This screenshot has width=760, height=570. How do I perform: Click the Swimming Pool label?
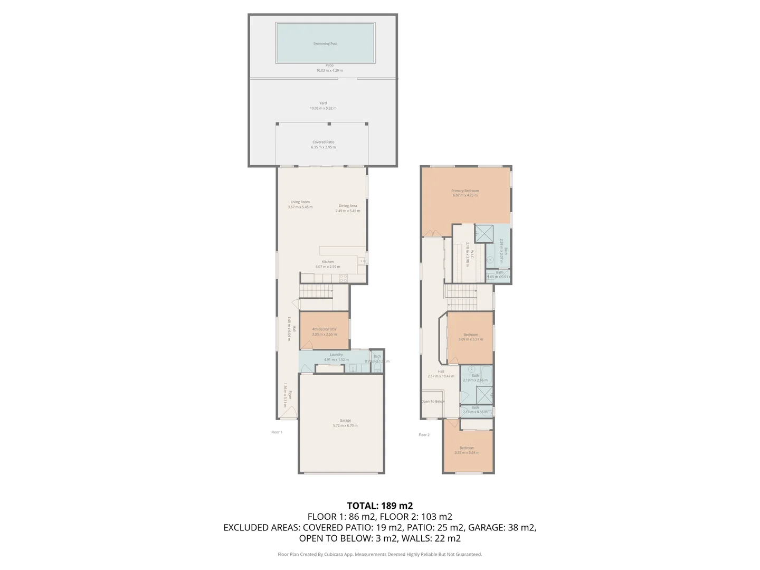[325, 44]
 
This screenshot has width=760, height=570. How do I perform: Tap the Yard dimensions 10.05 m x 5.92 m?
[323, 108]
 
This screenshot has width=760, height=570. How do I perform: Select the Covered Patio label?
[323, 142]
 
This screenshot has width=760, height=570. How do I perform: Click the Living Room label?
[300, 202]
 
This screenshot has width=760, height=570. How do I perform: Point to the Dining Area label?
[348, 206]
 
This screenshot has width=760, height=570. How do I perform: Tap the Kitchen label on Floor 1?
[328, 262]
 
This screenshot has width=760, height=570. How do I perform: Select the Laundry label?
[336, 355]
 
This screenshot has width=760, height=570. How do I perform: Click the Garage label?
[345, 421]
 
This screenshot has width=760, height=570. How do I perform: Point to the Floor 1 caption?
[277, 432]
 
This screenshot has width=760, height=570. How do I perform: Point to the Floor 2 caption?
[424, 435]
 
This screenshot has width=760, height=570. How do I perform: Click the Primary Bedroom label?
[465, 191]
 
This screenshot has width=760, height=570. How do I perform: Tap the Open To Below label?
[433, 402]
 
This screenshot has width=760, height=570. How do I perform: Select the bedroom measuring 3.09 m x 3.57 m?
[471, 337]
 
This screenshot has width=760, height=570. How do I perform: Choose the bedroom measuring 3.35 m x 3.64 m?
[467, 450]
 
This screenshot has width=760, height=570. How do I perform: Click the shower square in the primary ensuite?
[484, 233]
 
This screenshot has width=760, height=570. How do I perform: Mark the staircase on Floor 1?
[316, 291]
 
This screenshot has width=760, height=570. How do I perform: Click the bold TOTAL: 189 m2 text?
[379, 506]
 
